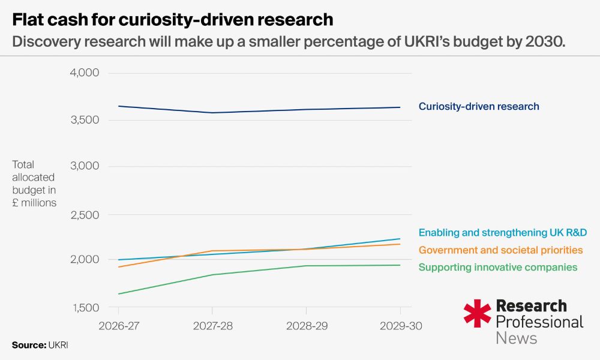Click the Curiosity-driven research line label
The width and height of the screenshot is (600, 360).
(x=479, y=107)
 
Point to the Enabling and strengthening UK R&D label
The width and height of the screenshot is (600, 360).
(x=503, y=232)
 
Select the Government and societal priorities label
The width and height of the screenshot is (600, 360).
(x=501, y=250)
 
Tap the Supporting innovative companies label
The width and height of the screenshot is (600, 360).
(x=498, y=267)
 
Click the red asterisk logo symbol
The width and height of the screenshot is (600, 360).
(x=477, y=313)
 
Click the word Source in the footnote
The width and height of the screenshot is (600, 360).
(x=28, y=345)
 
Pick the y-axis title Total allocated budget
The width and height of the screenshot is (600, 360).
(x=34, y=184)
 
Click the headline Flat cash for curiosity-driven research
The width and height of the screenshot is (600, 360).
(x=173, y=20)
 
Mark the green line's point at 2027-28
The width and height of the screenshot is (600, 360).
(x=212, y=275)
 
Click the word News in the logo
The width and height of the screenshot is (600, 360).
(x=517, y=338)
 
